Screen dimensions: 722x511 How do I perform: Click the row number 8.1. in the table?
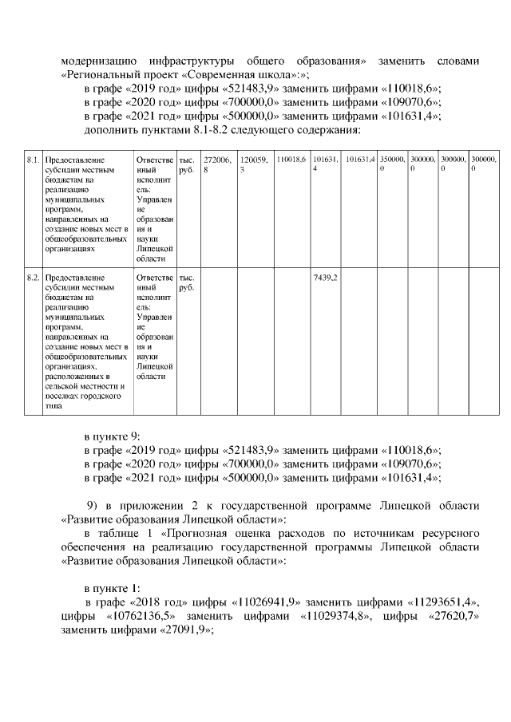(34, 160)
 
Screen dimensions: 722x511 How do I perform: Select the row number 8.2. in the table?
(34, 278)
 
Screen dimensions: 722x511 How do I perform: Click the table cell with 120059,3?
(255, 164)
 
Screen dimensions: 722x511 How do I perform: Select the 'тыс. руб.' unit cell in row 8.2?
(185, 282)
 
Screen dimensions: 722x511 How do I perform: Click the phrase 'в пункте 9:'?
(113, 436)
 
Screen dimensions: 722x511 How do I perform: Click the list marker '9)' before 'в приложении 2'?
(92, 505)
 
